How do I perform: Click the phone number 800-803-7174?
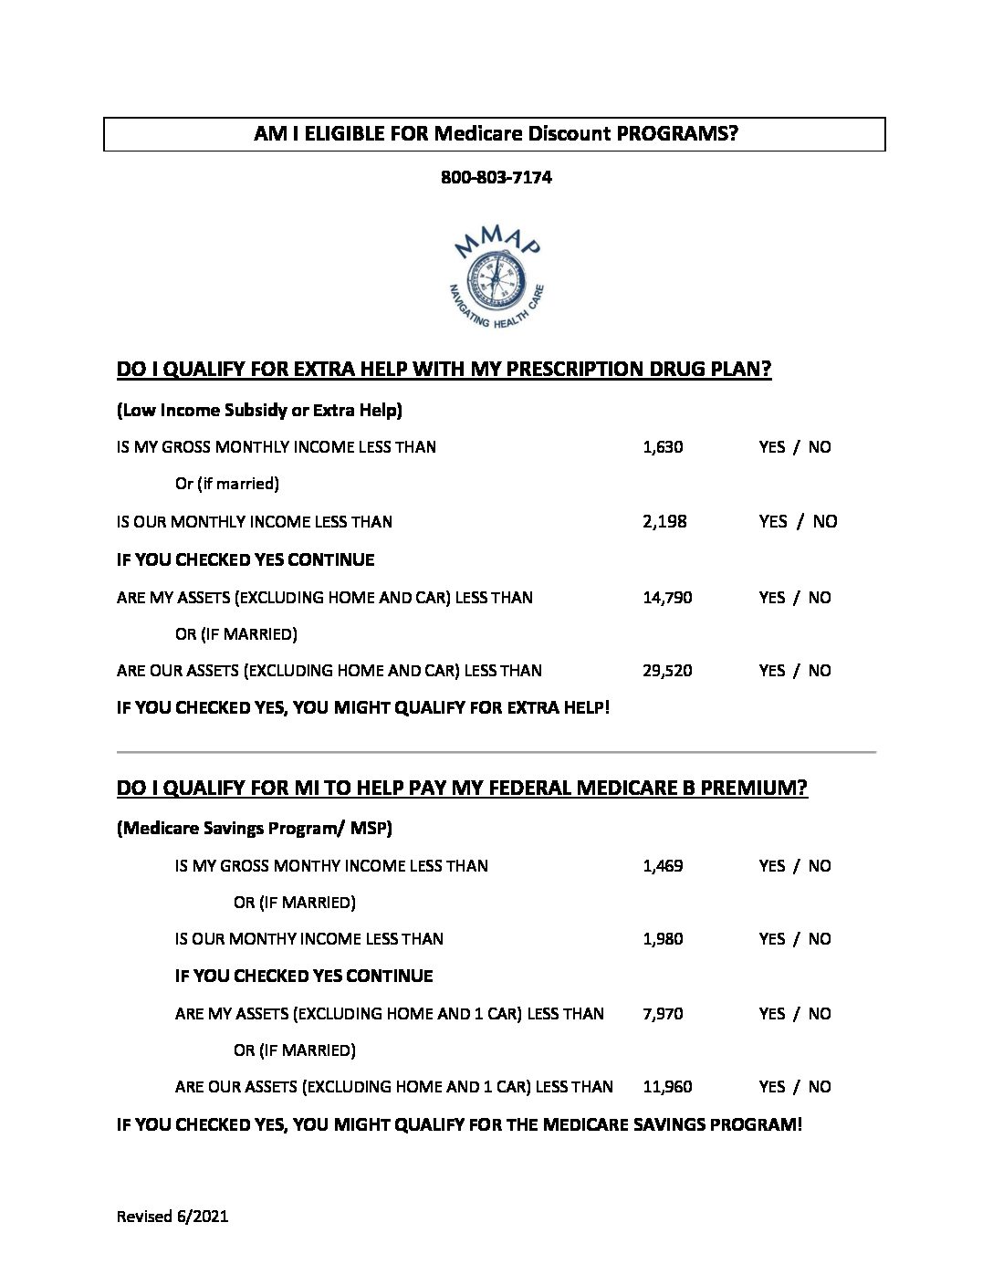click(x=496, y=177)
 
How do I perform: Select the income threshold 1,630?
click(x=663, y=447)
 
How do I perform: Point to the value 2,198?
click(x=664, y=522)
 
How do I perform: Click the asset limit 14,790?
click(x=667, y=598)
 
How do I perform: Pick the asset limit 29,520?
click(x=667, y=671)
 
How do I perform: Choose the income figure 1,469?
click(x=663, y=866)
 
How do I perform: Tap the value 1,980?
click(x=663, y=939)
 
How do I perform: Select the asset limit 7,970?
click(x=663, y=1014)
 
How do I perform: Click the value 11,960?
click(x=667, y=1087)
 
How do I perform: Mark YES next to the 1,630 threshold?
click(x=771, y=447)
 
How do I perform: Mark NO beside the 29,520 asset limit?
click(x=820, y=671)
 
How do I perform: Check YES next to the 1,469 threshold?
click(x=771, y=866)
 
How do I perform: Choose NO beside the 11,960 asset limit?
click(x=820, y=1087)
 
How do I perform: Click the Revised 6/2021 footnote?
click(x=172, y=1217)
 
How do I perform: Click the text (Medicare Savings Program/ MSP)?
click(x=255, y=829)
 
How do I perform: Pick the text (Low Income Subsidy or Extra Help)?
click(x=259, y=411)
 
